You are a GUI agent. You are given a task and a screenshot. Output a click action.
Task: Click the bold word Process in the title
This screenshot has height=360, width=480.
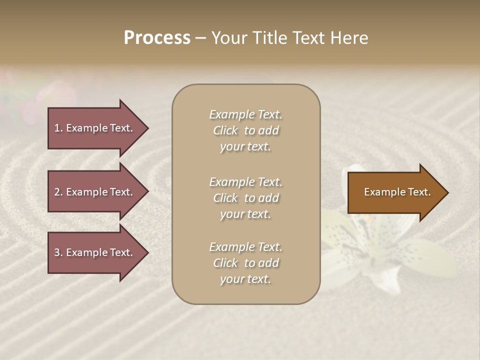coord(157,38)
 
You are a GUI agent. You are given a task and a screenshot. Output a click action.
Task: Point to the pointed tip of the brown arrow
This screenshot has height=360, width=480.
coord(446,192)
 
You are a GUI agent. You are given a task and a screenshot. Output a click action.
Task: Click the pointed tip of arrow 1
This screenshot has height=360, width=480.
coord(146,128)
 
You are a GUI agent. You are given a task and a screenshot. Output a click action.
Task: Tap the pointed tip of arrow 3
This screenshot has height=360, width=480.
coord(146,252)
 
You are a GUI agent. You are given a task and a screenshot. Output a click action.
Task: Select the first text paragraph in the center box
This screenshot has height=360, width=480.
coord(245,130)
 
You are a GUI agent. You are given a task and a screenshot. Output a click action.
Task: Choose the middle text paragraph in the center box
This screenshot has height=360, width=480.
coord(245,198)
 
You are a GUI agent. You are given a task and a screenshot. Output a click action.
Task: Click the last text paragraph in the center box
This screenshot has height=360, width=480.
coord(245,263)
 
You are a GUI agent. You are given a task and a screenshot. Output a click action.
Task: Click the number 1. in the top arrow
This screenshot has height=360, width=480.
coord(58,128)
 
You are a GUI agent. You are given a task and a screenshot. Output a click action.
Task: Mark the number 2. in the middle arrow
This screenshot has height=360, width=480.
coord(58,192)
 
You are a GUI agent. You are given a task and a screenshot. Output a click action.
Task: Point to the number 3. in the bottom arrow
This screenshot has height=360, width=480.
coord(58,252)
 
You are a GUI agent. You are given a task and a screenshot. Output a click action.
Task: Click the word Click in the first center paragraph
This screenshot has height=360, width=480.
coord(225,130)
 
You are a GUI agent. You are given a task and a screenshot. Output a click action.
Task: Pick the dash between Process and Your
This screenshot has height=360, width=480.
coord(200,38)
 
